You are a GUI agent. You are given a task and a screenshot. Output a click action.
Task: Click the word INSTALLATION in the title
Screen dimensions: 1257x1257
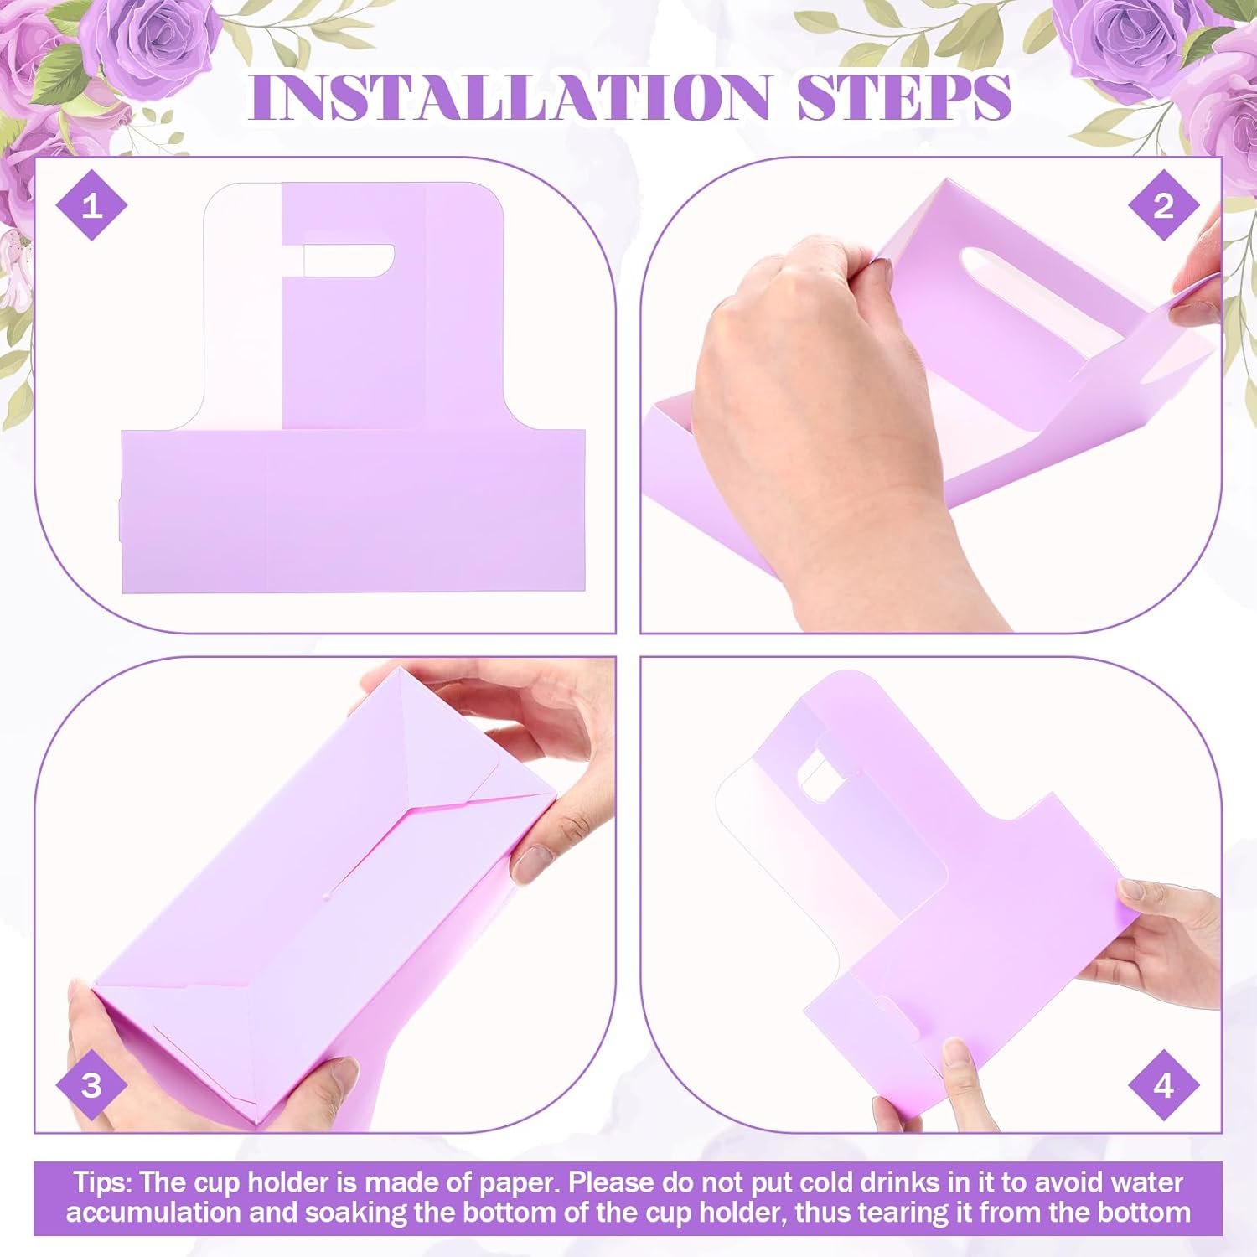point(509,96)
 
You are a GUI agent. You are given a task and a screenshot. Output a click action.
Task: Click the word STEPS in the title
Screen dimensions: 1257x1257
point(904,96)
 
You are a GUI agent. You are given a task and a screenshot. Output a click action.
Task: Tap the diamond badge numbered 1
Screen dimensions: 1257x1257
point(91,205)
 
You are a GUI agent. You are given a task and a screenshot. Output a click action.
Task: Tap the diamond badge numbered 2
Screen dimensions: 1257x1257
point(1164,205)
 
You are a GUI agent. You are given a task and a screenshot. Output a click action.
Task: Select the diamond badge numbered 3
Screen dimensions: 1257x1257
point(91,1086)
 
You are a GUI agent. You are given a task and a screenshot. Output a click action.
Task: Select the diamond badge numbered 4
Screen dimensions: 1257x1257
point(1164,1086)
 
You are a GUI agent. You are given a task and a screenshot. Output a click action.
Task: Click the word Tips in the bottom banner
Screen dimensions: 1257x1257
point(101,1182)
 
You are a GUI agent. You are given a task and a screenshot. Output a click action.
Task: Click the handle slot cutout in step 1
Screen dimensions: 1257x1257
point(348,261)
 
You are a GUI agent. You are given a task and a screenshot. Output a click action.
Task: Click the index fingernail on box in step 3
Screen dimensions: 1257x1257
point(530,863)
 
